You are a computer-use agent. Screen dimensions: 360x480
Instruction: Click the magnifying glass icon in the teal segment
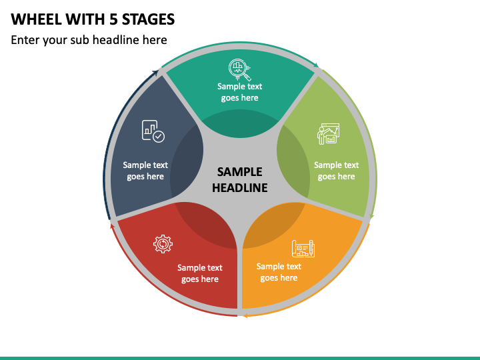(x=239, y=68)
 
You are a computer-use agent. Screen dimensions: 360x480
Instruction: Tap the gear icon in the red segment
(x=163, y=244)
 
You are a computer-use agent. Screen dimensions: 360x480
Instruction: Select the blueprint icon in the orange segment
(x=303, y=249)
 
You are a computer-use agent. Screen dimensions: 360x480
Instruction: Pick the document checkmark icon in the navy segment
(x=153, y=131)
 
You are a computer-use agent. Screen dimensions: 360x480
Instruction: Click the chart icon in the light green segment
(x=327, y=133)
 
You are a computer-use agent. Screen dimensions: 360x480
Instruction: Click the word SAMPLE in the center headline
(x=240, y=172)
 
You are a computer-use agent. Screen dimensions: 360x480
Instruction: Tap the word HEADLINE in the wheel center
(x=240, y=187)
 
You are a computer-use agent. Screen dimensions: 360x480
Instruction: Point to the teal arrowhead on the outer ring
(x=317, y=67)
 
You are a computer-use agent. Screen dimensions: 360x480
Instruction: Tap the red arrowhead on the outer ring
(x=112, y=223)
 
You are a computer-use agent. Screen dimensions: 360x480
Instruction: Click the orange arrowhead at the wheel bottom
(x=245, y=313)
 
